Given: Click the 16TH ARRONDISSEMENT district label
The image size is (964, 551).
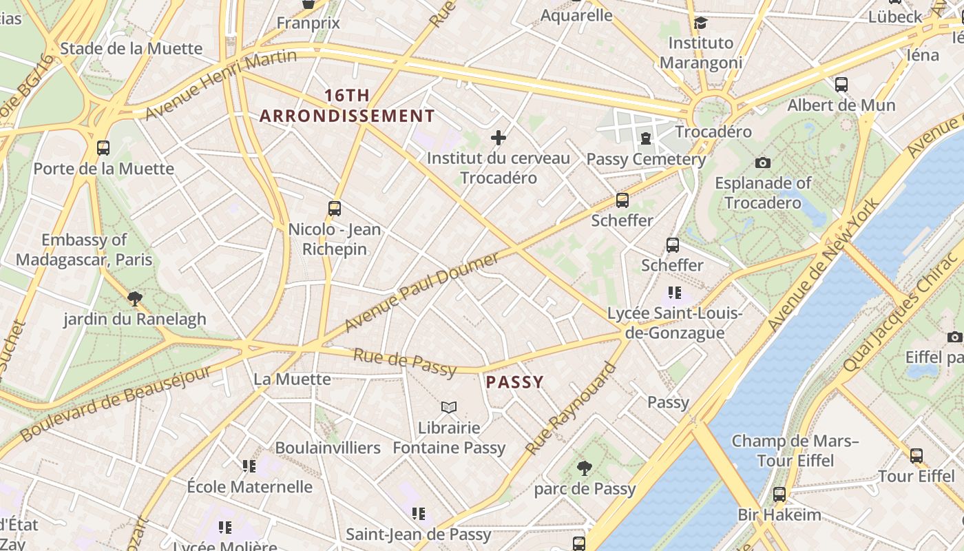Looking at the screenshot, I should tap(347, 105).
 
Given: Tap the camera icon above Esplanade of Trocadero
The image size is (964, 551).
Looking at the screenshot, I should tap(762, 163).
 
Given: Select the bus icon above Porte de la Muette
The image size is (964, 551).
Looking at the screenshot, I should tap(103, 147).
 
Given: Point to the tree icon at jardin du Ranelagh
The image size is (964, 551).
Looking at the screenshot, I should tap(135, 298).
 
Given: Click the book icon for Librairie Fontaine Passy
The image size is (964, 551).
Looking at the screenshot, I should tap(449, 407).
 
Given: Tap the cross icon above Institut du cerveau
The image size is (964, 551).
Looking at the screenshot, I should tap(499, 138).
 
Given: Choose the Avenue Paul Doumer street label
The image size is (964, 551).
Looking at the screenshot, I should tap(421, 292).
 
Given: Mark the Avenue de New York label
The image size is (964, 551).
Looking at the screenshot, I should tap(823, 264).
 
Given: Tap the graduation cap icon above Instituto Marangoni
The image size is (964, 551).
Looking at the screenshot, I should tap(701, 23).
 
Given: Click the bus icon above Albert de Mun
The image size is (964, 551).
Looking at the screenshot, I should tap(841, 85).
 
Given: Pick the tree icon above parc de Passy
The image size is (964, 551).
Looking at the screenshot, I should tap(584, 468).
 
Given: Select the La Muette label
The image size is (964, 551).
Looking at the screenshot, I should tap(292, 379).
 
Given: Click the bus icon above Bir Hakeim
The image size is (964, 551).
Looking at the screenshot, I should tap(779, 494).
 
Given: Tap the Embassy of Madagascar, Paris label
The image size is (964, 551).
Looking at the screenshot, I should tap(84, 249).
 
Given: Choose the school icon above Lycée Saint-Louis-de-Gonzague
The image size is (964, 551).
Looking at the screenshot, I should tap(675, 293).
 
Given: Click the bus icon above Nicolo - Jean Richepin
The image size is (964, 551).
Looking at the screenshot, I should tap(335, 208).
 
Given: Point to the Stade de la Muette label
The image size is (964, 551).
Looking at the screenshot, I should tap(131, 48).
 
